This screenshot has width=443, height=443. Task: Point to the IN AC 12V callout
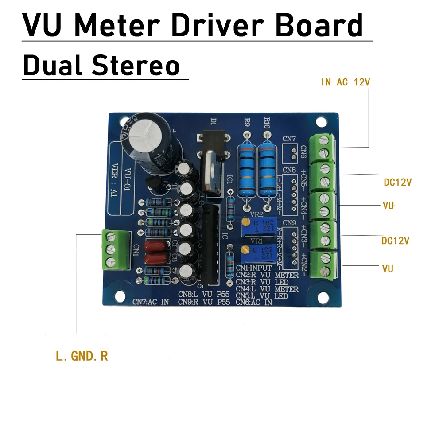point(345,82)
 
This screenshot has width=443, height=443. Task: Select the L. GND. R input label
point(82,356)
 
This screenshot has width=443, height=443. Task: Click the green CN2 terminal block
point(324,264)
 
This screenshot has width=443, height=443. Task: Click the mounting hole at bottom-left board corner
point(118,295)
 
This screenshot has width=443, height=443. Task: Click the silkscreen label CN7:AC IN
point(151,302)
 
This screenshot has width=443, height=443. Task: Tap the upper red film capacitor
point(158,247)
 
